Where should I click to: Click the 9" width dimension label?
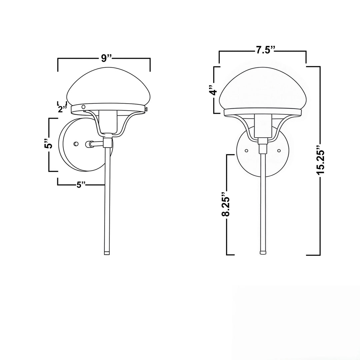tap(106, 58)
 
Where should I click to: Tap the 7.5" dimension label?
tap(265, 50)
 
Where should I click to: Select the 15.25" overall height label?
tap(320, 160)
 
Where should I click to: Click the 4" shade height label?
tap(213, 90)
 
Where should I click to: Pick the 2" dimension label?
tap(62, 109)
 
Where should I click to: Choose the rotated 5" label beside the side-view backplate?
tap(49, 145)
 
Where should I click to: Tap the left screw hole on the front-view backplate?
tap(246, 151)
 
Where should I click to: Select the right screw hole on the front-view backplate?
tap(279, 151)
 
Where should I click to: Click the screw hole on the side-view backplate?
tap(76, 144)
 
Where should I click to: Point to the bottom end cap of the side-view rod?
tap(107, 253)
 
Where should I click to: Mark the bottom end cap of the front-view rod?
tap(263, 252)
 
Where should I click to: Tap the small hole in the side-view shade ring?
tap(84, 107)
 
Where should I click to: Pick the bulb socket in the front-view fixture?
tap(263, 126)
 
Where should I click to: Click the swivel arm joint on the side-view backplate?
tap(89, 144)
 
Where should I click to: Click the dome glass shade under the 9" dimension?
tap(108, 87)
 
